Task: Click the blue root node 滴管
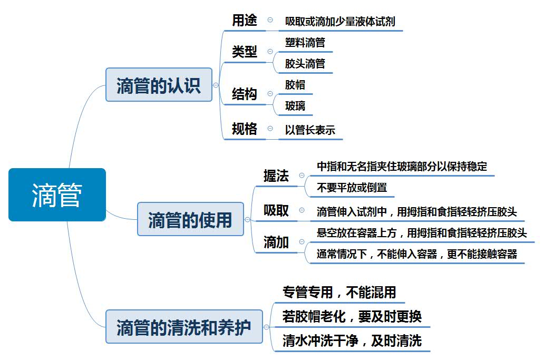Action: pos(57,194)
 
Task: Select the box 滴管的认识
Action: pos(159,84)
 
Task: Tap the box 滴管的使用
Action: pos(190,219)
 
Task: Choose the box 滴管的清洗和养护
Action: pos(184,327)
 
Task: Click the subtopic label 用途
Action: pos(245,21)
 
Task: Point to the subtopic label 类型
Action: pos(245,52)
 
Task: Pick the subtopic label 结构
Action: pos(245,94)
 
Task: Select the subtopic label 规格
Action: pos(245,129)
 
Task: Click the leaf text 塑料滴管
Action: pos(305,43)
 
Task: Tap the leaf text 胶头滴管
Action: pos(305,64)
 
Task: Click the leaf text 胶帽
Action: pos(295,85)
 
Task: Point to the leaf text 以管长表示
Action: pos(310,130)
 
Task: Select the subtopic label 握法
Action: pos(276,176)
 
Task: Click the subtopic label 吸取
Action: pos(276,211)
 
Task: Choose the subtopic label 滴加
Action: pos(276,242)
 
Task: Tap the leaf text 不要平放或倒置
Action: pos(352,187)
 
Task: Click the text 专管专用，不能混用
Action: pos(339,292)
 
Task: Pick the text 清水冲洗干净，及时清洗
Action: pos(352,341)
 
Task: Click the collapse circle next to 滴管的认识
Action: pos(216,85)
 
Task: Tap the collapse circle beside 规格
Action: pos(270,129)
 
